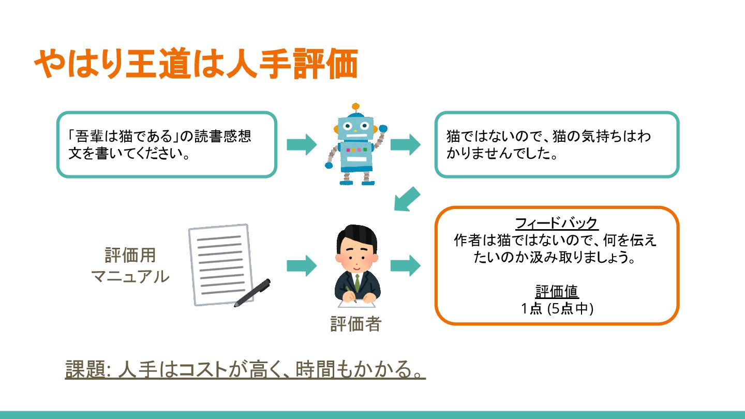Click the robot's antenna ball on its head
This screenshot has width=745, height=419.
pyautogui.click(x=355, y=107)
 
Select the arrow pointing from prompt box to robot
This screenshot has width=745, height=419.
pyautogui.click(x=302, y=144)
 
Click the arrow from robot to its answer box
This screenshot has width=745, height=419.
pyautogui.click(x=405, y=144)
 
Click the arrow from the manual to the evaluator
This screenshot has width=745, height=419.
pyautogui.click(x=302, y=266)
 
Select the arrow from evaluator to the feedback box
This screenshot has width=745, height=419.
pyautogui.click(x=405, y=266)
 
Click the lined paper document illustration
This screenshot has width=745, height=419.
pyautogui.click(x=220, y=264)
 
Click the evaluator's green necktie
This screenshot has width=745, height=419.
pyautogui.click(x=356, y=282)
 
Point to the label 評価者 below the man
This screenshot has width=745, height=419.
pyautogui.click(x=355, y=324)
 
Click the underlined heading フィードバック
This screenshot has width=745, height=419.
pyautogui.click(x=557, y=223)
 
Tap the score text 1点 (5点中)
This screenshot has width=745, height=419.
pyautogui.click(x=557, y=309)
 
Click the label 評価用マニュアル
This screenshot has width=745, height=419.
pyautogui.click(x=130, y=266)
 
